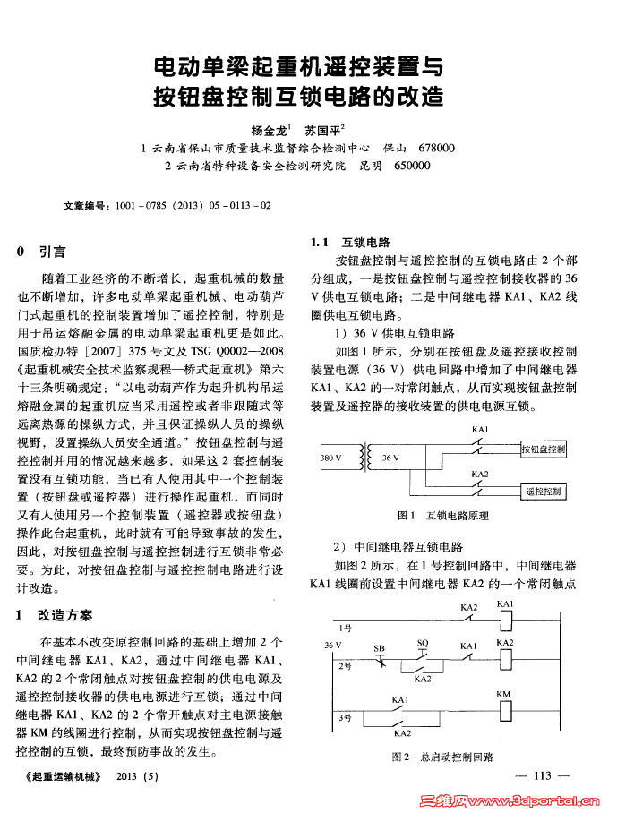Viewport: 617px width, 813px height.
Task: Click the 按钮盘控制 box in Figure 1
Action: pos(543,449)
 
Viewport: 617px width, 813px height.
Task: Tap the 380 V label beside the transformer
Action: pos(330,458)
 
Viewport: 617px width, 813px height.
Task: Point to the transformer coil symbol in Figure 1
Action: pos(364,458)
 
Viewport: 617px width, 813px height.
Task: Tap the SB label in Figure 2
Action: pos(379,646)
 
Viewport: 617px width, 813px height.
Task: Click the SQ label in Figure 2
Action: pos(423,643)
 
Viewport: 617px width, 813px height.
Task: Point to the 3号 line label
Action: pos(345,717)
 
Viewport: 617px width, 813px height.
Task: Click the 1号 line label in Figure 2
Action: pos(345,627)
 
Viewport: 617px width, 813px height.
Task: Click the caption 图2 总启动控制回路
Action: pos(442,757)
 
